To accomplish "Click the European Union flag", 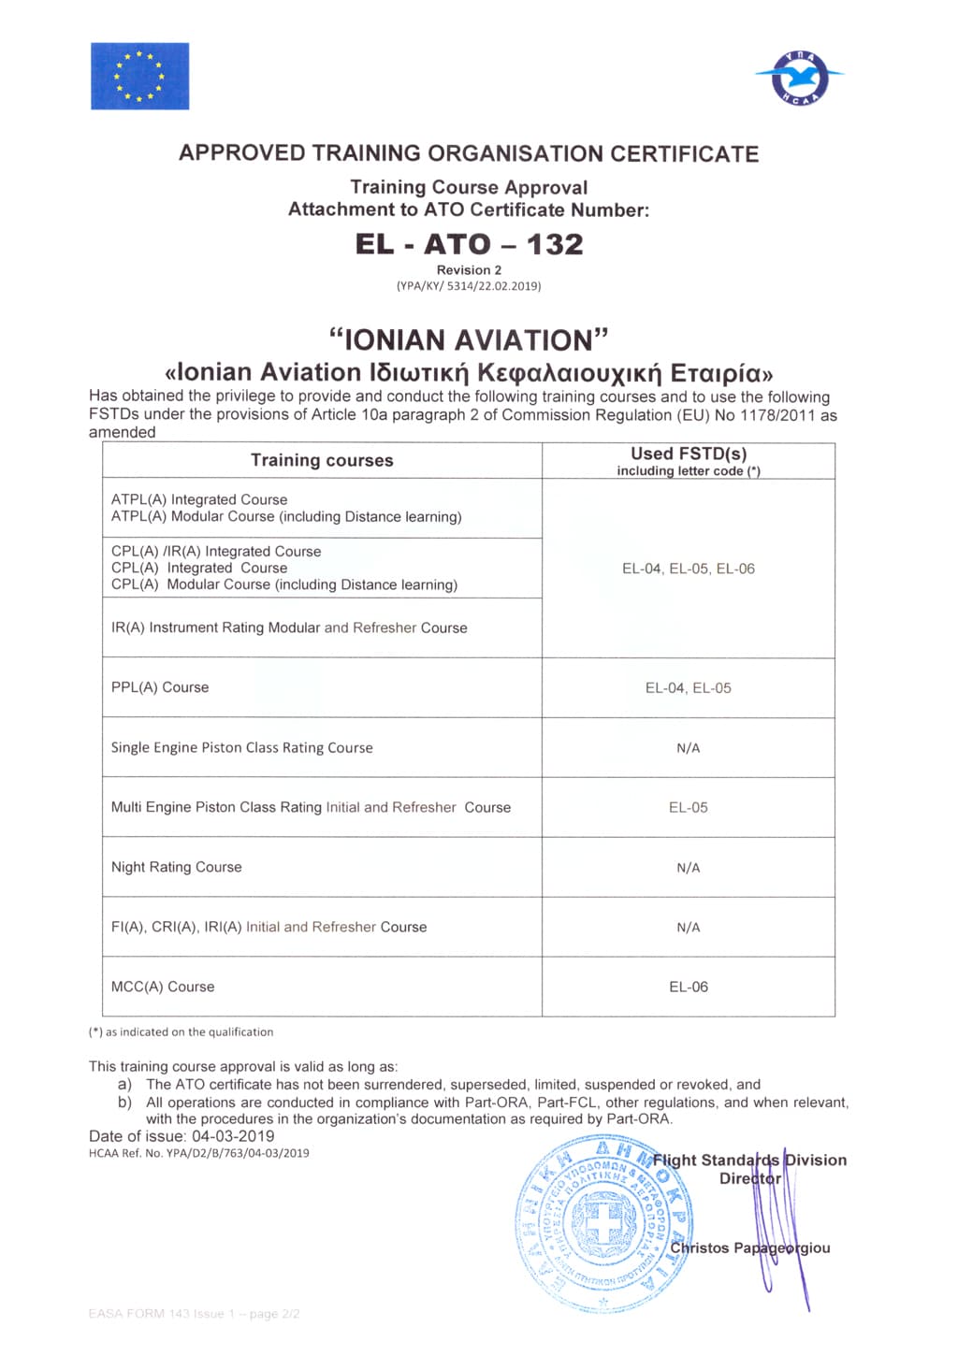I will coord(139,76).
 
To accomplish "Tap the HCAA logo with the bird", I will coord(800,77).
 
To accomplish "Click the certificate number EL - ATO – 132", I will coord(469,244).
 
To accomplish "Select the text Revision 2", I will coord(469,270).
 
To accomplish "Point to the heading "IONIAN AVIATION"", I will coord(469,339).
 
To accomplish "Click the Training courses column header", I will coord(322,460).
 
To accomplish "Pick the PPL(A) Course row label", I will coord(160,687).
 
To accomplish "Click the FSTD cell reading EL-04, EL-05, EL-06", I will coord(689,569).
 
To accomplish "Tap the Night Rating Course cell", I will coord(177,867).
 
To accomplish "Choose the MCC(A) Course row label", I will coord(163,987).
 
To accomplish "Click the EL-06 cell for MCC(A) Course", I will coord(689,987).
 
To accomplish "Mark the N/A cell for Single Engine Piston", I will coord(689,748).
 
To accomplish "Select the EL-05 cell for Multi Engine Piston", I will coord(689,807).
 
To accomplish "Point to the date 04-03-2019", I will coord(233,1136).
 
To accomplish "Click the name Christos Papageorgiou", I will coord(749,1247).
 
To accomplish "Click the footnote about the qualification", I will coord(181,1032).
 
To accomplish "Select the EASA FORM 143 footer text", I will coord(195,1314).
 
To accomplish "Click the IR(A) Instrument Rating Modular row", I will coord(289,627).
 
